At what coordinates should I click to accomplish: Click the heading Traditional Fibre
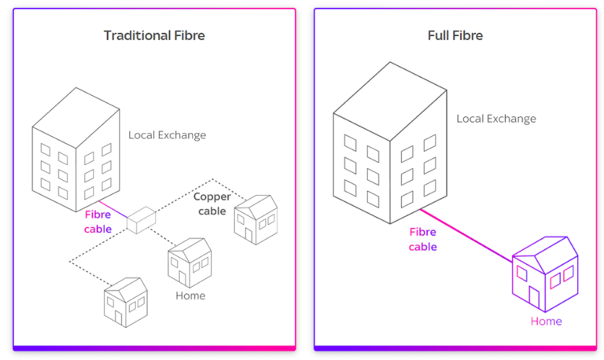coord(154,35)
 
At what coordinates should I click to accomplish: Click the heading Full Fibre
coord(455,35)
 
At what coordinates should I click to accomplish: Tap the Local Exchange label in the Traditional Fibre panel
coord(167,135)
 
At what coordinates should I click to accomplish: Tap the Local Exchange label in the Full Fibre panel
coord(496,119)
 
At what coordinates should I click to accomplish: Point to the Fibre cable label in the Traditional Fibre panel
coord(98,221)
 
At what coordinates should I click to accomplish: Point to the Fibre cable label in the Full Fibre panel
coord(422,239)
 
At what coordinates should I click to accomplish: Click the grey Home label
coord(190,296)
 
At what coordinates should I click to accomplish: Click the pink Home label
coord(546,321)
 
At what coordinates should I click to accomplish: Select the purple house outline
coord(545,272)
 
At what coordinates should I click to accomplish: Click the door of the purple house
coord(535,297)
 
